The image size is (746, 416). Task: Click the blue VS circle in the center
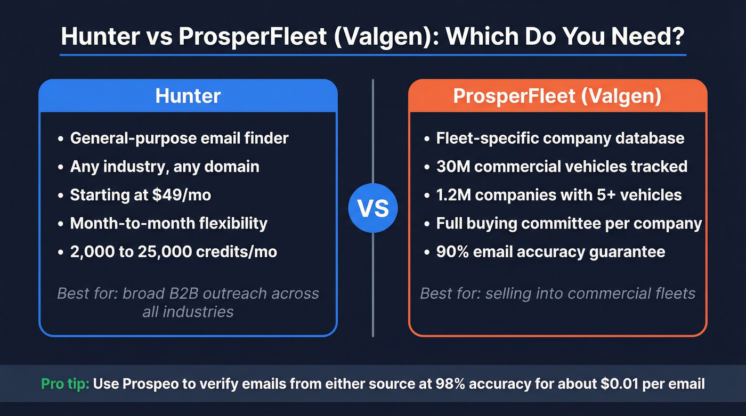click(372, 208)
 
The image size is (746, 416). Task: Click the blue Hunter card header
click(188, 96)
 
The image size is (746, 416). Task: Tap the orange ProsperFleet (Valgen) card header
click(557, 96)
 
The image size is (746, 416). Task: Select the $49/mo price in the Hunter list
click(181, 195)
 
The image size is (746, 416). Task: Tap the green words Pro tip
click(65, 384)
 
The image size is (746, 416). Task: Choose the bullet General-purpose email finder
click(179, 138)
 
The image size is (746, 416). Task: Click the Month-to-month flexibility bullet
click(168, 223)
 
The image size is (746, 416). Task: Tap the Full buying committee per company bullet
click(569, 223)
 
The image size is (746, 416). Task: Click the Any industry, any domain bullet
click(164, 166)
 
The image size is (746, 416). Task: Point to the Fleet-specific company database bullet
click(560, 138)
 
